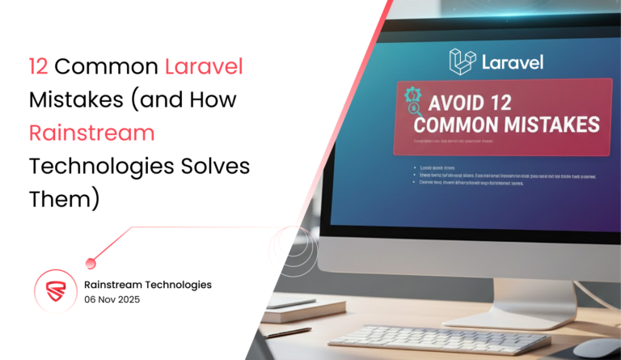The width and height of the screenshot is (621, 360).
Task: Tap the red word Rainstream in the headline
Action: tap(91, 132)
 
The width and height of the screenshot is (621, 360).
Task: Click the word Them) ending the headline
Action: tap(63, 198)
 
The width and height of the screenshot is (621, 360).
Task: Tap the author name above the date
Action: tap(148, 284)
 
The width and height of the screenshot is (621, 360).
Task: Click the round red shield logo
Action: tap(55, 291)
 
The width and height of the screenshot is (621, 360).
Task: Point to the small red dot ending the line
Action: tap(91, 262)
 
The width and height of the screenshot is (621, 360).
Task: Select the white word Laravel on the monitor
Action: tap(510, 61)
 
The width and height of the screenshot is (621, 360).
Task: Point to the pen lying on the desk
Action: tap(287, 331)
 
